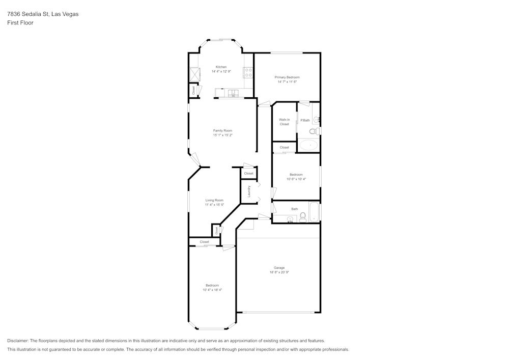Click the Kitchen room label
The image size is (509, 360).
coord(221,67)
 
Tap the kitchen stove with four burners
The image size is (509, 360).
coord(248,73)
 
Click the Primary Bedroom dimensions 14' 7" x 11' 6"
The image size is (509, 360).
coord(287,81)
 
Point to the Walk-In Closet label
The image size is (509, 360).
coord(284,122)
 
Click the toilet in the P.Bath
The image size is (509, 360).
coord(315,131)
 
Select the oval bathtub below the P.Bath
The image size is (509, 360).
coord(308,145)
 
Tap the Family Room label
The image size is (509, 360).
coord(222,130)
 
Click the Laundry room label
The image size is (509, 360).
coord(249,191)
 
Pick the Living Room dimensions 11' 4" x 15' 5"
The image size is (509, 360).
coord(214,205)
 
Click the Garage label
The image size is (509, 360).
coord(279,268)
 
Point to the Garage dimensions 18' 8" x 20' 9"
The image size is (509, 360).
coord(279,272)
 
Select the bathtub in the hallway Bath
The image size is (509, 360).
coord(314,212)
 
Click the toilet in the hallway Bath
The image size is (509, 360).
coord(302,218)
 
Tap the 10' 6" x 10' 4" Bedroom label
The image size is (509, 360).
coord(296,175)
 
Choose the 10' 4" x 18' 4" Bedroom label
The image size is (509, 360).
coord(212,285)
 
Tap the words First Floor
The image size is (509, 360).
coord(20,23)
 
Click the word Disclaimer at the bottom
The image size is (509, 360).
coord(18,341)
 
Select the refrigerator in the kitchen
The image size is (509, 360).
coord(194,75)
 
